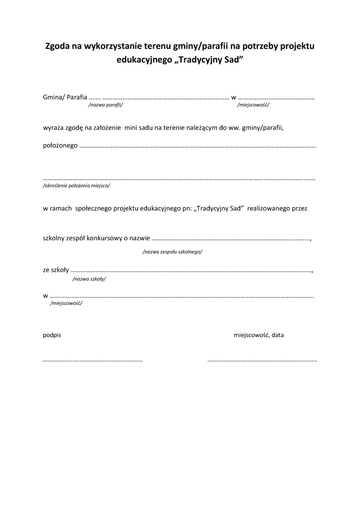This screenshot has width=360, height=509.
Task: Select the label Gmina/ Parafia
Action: click(65, 97)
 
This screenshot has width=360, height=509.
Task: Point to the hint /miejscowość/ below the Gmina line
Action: click(253, 105)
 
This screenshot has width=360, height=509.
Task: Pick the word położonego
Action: click(60, 145)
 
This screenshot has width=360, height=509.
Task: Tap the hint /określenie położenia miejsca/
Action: click(77, 186)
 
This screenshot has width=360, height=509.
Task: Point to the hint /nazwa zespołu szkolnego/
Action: click(172, 252)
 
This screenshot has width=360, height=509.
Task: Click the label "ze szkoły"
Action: click(56, 270)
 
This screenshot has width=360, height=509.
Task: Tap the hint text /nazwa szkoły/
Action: click(89, 279)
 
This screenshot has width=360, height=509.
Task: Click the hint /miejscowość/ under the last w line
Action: click(66, 303)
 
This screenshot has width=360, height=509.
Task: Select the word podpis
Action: click(52, 335)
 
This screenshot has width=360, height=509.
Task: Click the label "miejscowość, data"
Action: click(259, 335)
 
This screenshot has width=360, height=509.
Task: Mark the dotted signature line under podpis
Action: click(93, 360)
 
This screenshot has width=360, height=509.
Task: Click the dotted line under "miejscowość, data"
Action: click(262, 360)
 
